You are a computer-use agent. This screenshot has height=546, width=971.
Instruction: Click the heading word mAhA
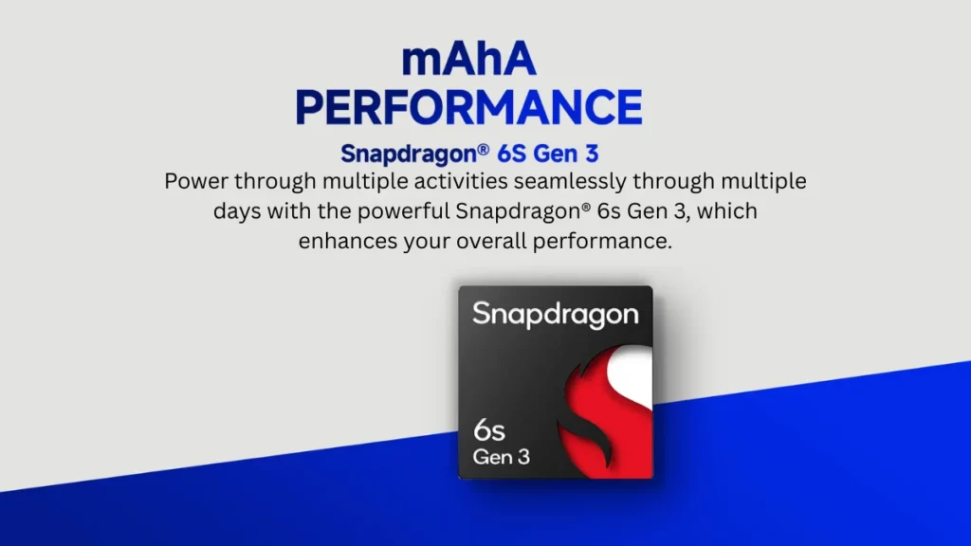tap(468, 60)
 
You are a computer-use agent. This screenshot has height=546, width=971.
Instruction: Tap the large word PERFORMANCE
tap(468, 108)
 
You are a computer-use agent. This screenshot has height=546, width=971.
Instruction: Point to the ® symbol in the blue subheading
tap(483, 149)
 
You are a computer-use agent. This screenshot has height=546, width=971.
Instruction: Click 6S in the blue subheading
tap(511, 154)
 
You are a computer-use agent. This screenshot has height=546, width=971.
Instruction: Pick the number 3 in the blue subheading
tap(592, 154)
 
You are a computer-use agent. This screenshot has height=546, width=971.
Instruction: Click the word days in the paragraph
tap(236, 211)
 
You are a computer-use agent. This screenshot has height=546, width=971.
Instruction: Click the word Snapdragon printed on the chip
tap(556, 315)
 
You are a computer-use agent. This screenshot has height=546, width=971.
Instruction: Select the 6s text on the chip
tap(489, 430)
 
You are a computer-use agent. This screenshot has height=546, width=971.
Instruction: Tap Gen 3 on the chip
tap(501, 457)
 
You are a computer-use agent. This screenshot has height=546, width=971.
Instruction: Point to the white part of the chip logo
tap(632, 371)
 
